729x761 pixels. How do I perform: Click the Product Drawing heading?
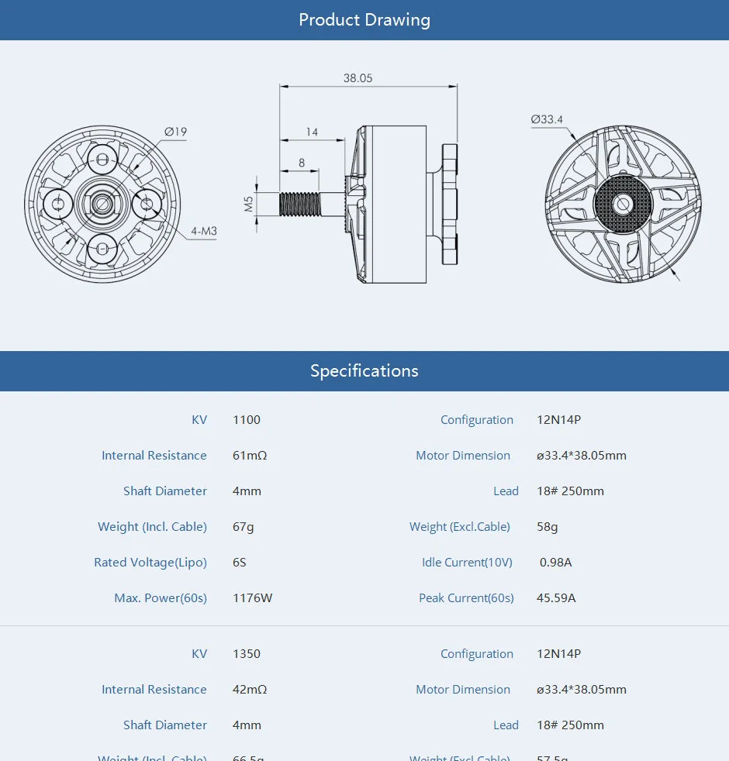pos(364,20)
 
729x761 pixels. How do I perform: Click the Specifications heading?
pos(364,371)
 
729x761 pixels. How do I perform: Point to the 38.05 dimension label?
pos(358,78)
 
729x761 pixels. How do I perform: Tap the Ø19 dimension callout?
pos(176,132)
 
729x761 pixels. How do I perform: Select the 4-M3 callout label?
pos(205,231)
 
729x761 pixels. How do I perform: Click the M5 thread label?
pos(249,204)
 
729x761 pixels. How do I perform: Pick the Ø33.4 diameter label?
pos(547,119)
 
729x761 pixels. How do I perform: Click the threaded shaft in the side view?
pos(300,204)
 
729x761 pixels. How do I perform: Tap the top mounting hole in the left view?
pos(102,162)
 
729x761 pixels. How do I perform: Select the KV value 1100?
pos(247,420)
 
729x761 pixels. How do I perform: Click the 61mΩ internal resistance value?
pos(250,456)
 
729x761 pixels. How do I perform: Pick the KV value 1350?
pos(247,654)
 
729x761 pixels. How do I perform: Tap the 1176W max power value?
pos(253,598)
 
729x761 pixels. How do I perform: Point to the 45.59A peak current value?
pos(556,598)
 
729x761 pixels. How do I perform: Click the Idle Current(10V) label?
pos(467,563)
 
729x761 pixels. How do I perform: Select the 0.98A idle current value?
pos(555,563)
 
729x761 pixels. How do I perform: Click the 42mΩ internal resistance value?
pos(250,690)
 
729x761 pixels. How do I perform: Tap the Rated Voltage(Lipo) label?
pos(150,563)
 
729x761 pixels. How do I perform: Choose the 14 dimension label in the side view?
pos(312,133)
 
